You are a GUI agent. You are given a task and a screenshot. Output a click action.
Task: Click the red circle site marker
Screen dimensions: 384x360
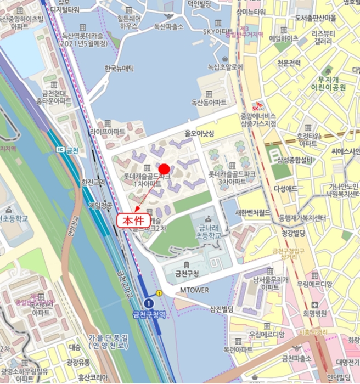click(164, 168)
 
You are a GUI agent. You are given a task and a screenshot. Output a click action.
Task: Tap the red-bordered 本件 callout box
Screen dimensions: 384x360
click(132, 221)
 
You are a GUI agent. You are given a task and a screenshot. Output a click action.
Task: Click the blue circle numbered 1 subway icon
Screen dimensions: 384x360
click(148, 303)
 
